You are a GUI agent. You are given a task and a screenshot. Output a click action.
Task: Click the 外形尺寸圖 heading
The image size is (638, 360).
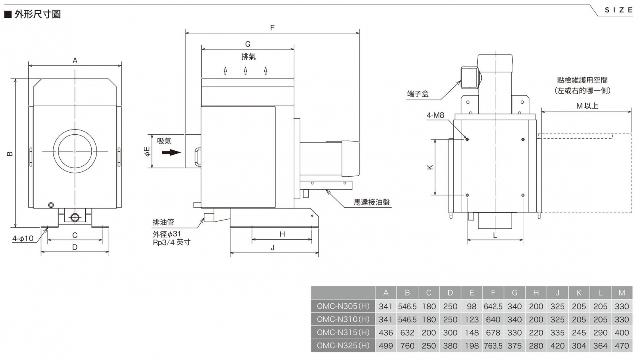coord(37,14)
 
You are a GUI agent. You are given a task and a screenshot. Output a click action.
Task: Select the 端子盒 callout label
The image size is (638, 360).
coord(418,94)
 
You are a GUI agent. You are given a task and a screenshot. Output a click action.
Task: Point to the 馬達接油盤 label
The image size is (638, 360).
coord(372,202)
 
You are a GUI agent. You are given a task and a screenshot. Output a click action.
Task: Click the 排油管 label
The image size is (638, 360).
coord(163,222)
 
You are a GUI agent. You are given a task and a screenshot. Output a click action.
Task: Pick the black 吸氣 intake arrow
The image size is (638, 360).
coord(171,152)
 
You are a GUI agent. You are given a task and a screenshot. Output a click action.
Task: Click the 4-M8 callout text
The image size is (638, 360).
coord(435,115)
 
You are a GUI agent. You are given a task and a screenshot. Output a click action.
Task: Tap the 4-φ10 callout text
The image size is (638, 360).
coord(23,238)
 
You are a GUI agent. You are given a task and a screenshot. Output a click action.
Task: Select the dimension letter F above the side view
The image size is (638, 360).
coord(272,28)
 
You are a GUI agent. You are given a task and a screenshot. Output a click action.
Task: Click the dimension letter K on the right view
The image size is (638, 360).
coord(430,167)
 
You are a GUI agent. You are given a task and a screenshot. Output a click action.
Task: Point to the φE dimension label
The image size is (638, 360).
coord(147,151)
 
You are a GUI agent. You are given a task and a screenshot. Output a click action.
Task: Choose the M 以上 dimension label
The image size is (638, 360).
coord(587,106)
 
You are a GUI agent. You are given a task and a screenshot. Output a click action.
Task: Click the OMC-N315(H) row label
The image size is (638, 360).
coord(343,332)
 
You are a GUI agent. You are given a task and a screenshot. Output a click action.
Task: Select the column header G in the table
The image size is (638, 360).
coord(514,293)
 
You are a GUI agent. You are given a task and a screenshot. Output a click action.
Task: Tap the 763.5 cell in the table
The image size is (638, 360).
coord(493,346)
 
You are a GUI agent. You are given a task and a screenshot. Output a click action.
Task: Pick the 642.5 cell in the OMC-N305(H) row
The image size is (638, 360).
coord(493,307)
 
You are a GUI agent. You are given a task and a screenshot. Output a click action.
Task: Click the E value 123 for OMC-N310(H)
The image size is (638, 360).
coord(472,320)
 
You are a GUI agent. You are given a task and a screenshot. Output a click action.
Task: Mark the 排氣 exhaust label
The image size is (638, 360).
coord(248,57)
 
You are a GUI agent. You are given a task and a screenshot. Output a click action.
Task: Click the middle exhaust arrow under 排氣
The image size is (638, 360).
coord(246,71)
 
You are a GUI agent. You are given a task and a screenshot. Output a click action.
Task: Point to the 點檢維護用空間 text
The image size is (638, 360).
coord(583,80)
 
